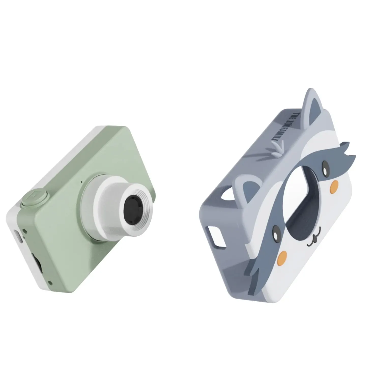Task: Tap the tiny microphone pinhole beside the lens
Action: point(82,182)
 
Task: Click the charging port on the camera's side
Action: point(18,237)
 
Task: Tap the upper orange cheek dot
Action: point(334,185)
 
